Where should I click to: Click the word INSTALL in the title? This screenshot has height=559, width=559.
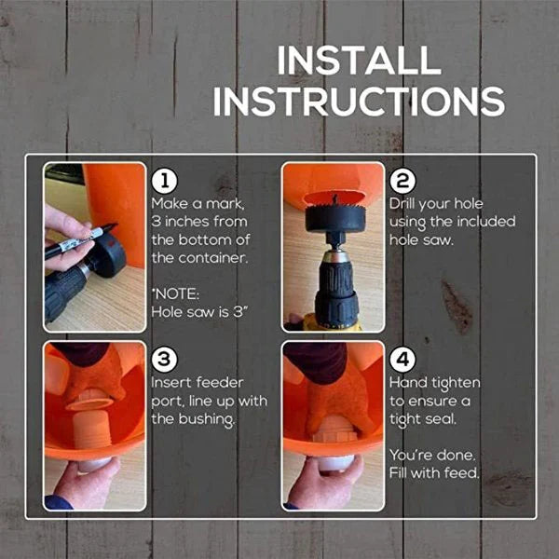tap(359, 61)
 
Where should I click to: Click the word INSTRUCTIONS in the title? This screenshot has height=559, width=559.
tap(359, 101)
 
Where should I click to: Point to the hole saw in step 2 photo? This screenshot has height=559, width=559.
tap(334, 220)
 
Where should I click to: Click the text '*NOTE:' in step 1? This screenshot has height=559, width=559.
tap(172, 292)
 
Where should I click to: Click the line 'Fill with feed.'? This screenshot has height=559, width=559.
tap(434, 473)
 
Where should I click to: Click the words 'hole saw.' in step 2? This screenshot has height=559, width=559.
tap(421, 240)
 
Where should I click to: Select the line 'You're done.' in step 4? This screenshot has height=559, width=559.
tap(432, 456)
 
